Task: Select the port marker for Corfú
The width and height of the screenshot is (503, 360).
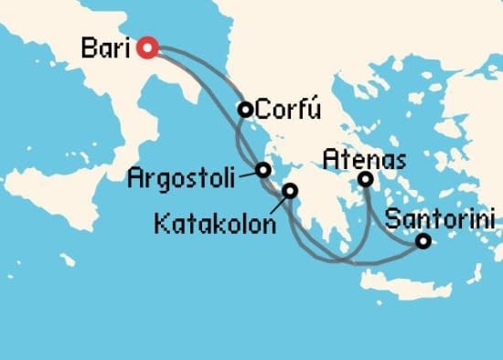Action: pyautogui.click(x=245, y=110)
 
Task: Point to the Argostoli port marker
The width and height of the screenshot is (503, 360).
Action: pyautogui.click(x=263, y=170)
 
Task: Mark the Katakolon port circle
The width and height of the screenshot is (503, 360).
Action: pyautogui.click(x=290, y=191)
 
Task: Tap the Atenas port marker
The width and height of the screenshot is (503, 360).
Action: pyautogui.click(x=365, y=179)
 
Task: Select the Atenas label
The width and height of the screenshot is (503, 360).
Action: pyautogui.click(x=364, y=161)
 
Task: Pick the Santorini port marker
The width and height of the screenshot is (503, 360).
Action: pyautogui.click(x=423, y=242)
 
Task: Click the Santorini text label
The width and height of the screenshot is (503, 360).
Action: pyautogui.click(x=441, y=220)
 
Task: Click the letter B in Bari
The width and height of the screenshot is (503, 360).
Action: pyautogui.click(x=89, y=47)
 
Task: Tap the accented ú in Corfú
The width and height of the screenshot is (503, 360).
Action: pyautogui.click(x=315, y=111)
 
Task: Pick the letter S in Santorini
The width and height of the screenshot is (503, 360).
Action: pyautogui.click(x=394, y=220)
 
